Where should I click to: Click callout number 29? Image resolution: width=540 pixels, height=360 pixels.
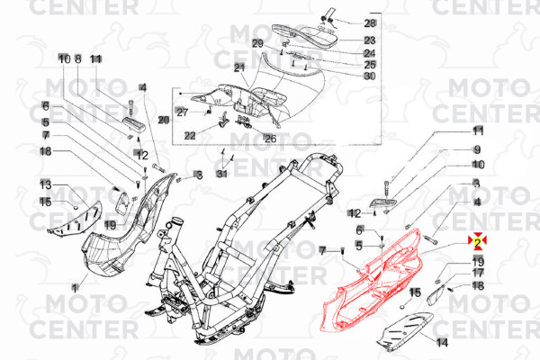coord(257,43)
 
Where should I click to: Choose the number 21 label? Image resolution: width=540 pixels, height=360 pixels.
coord(239,68)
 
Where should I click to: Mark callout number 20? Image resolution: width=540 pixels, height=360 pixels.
coord(163,119)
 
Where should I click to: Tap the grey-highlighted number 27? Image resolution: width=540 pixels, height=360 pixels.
coord(182,112)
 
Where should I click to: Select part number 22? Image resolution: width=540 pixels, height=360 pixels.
coord(190,135)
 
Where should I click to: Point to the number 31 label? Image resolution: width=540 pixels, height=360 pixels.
coord(222,174)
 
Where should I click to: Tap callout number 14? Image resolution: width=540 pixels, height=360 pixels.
coord(441,343)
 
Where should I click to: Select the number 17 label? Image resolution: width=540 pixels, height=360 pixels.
coord(478,273)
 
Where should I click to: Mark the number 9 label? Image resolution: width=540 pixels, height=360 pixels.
coord(478,149)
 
